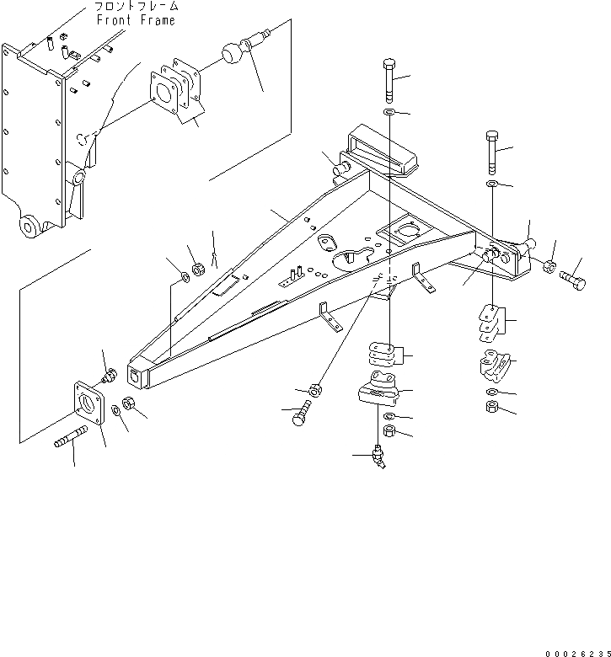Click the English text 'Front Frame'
pos(136,19)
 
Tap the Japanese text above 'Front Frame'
pos(135,7)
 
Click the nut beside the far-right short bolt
pos(548,268)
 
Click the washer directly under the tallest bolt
pos(389,112)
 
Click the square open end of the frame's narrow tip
pos(135,374)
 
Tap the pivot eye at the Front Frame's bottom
pos(31,226)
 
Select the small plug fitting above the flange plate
pos(108,377)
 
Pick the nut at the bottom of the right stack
pos(493,409)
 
